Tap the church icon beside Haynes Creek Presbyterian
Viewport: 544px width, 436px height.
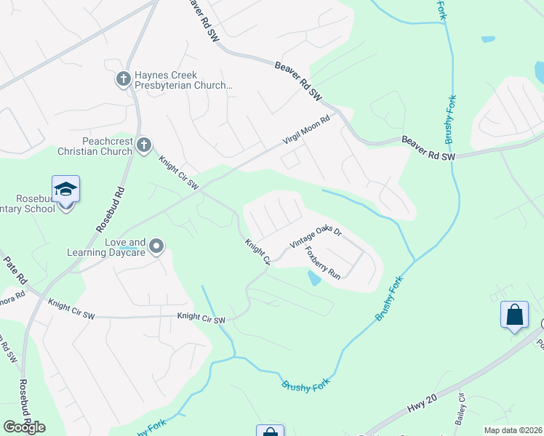click(124, 78)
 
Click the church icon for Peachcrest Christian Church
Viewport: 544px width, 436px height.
click(144, 145)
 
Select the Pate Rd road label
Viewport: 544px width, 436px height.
click(15, 270)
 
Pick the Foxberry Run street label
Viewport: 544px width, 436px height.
click(323, 262)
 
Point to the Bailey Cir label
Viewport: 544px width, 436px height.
click(460, 410)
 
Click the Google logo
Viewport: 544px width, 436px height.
click(24, 427)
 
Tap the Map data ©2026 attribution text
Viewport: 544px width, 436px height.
click(513, 430)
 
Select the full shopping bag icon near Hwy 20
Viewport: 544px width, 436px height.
click(514, 315)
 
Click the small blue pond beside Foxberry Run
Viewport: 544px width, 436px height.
click(314, 278)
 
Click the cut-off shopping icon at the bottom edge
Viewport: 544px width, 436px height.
click(269, 431)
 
